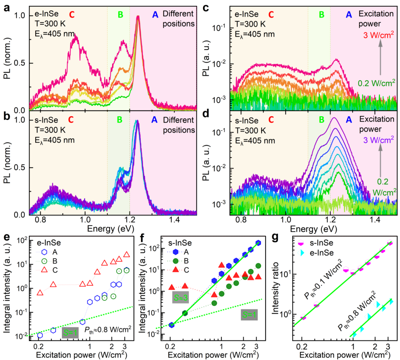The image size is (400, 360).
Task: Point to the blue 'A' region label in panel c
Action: point(348,14)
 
